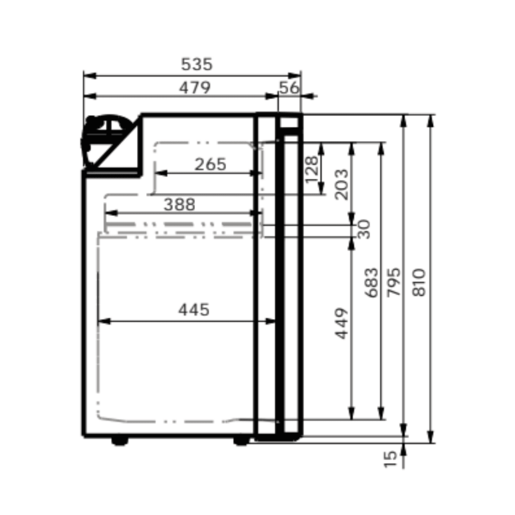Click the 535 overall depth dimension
(196, 64)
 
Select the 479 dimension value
(195, 88)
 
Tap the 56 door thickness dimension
(289, 88)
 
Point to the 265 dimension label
(210, 165)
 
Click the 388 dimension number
(179, 205)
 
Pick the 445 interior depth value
(194, 310)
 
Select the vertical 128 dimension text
(312, 169)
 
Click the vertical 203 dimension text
(341, 184)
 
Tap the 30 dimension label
(364, 229)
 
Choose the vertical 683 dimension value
(371, 282)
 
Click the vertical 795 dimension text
(394, 282)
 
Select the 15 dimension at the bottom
(390, 458)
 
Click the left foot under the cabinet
(120, 441)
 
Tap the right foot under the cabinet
(241, 441)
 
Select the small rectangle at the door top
(289, 123)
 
